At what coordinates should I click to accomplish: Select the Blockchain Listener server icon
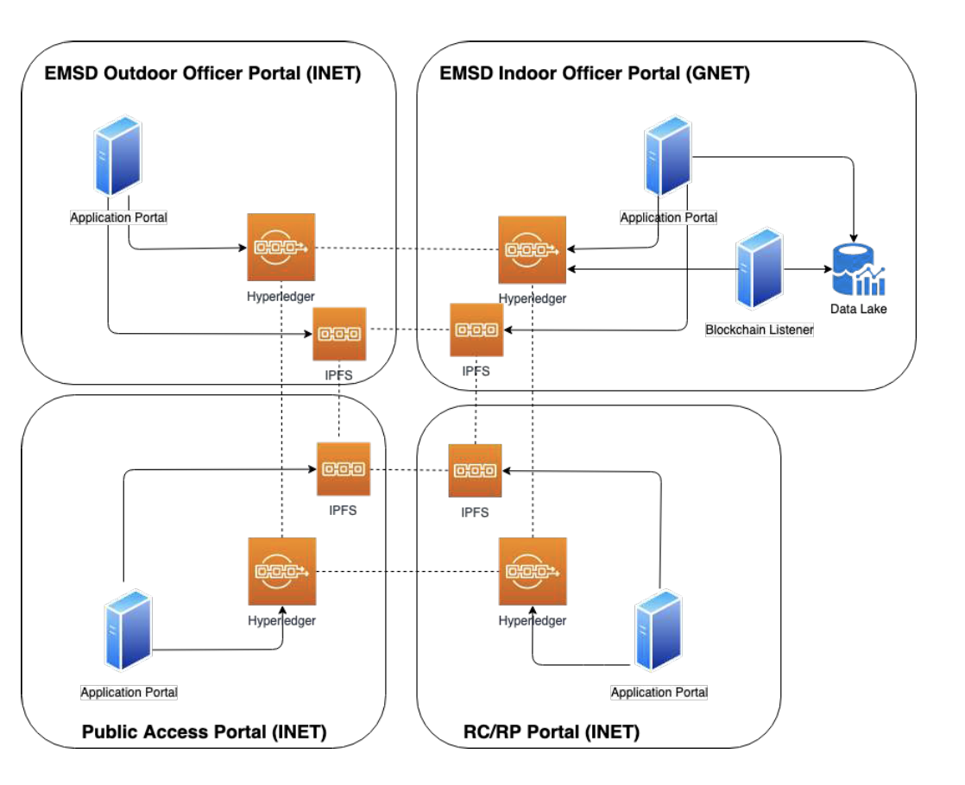tap(760, 268)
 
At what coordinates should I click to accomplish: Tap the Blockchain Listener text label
tap(759, 330)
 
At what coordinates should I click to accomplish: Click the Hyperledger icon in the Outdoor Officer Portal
tap(281, 247)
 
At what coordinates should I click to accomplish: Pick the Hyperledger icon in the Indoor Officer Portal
tap(532, 250)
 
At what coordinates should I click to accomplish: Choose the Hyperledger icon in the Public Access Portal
tap(281, 571)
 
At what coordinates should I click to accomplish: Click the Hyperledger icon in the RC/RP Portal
tap(533, 571)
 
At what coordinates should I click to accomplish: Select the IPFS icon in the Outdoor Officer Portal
tap(339, 334)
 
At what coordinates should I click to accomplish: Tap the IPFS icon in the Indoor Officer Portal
tap(476, 330)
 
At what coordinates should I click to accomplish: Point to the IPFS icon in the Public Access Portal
tap(343, 469)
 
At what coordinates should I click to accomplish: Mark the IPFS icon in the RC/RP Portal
tap(475, 470)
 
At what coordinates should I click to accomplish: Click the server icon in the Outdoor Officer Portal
tap(117, 157)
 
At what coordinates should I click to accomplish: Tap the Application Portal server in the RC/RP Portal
tap(659, 630)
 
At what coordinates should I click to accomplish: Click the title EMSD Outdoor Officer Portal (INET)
tap(202, 73)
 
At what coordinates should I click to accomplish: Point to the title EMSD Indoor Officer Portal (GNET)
tap(595, 73)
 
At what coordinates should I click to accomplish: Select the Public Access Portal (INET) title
tap(204, 732)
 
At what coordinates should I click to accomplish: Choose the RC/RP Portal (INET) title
tap(546, 732)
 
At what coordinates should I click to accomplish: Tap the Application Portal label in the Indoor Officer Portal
tap(668, 217)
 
